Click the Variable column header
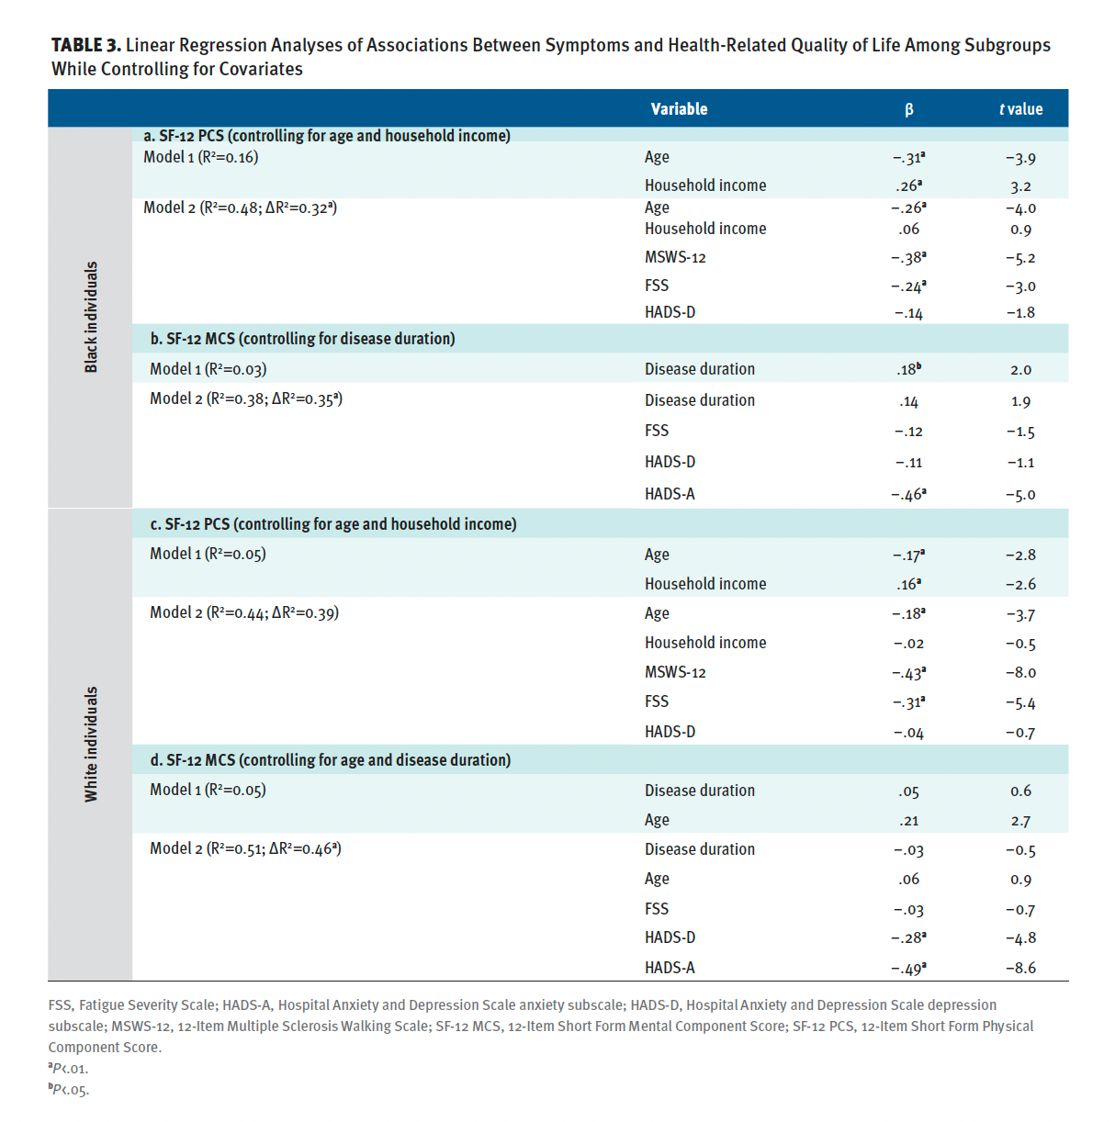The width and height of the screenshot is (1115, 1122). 679,109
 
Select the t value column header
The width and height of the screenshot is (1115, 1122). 1020,109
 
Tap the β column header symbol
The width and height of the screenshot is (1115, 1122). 908,109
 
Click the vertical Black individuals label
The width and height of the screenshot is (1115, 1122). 91,317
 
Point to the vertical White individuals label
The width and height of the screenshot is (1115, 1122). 91,744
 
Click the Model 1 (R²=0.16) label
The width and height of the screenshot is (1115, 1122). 200,157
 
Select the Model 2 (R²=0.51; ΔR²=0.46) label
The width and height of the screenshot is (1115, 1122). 245,848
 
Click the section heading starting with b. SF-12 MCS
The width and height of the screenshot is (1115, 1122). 302,339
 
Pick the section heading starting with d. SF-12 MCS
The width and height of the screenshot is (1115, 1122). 331,760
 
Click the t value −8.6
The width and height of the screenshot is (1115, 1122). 1020,968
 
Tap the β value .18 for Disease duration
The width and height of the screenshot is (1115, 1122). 908,369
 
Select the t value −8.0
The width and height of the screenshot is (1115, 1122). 1020,672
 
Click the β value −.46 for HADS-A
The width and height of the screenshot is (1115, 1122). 908,494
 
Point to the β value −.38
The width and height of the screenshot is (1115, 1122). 908,257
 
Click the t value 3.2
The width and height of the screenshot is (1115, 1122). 1020,186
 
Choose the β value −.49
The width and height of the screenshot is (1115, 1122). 908,969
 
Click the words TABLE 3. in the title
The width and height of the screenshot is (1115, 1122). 86,45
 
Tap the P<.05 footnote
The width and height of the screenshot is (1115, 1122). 69,1089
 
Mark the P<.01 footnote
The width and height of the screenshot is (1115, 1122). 68,1069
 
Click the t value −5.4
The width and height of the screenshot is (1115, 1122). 1020,702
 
